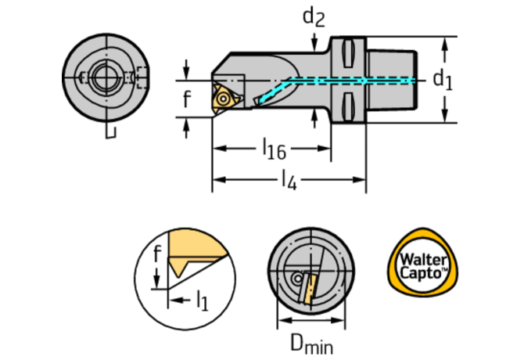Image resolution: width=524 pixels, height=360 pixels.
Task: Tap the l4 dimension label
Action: pos(289,181)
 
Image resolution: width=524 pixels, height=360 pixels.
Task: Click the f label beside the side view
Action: pos(186,99)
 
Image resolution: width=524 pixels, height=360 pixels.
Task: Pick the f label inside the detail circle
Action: pos(156,253)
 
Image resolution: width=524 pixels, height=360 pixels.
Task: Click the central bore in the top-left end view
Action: pos(103,77)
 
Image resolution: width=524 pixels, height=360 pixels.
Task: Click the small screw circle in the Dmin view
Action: pos(299,279)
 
